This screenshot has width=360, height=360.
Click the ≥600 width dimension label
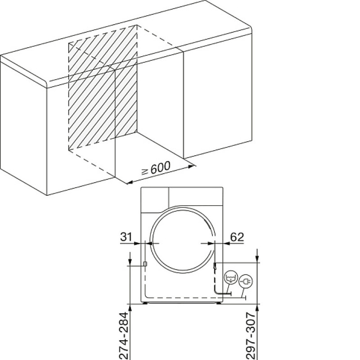pyautogui.click(x=156, y=167)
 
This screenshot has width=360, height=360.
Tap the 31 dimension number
pyautogui.click(x=126, y=237)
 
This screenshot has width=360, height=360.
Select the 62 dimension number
pyautogui.click(x=237, y=237)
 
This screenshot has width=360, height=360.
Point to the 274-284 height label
pyautogui.click(x=124, y=336)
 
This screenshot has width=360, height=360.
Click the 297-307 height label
pyautogui.click(x=251, y=336)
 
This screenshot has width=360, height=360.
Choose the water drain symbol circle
pyautogui.click(x=231, y=277)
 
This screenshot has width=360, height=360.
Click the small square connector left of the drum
pyautogui.click(x=145, y=264)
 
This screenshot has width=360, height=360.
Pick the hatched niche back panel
pyautogui.click(x=103, y=87)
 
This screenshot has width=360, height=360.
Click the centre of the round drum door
pyautogui.click(x=183, y=239)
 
